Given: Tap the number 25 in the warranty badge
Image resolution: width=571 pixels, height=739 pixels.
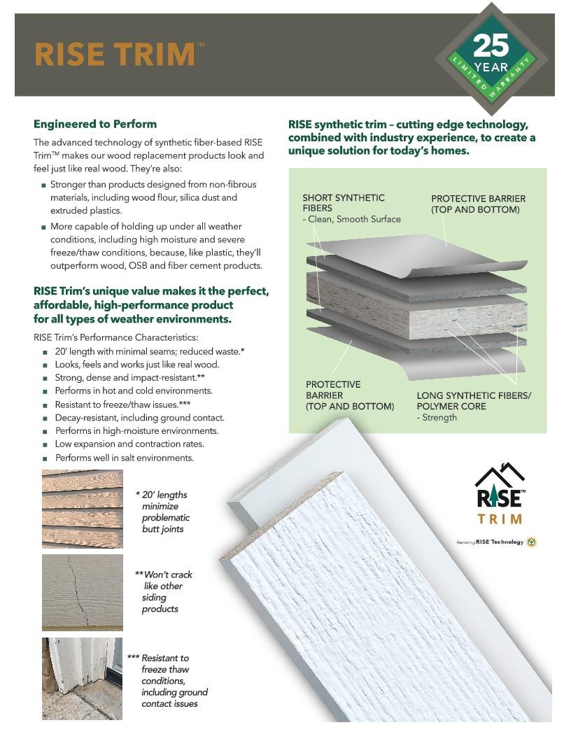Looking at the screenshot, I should [491, 46].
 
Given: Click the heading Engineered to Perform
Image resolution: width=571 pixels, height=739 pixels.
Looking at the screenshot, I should [95, 124].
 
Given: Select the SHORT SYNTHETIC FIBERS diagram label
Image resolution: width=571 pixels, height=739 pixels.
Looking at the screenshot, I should [344, 203].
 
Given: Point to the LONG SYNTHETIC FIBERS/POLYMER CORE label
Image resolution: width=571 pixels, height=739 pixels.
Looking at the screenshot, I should [474, 400].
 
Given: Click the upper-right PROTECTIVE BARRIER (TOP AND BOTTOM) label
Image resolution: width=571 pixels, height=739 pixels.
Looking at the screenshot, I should [478, 204].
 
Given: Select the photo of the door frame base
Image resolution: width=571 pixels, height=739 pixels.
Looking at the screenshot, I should [82, 678].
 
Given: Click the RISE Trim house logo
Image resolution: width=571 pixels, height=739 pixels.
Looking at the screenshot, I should [500, 493].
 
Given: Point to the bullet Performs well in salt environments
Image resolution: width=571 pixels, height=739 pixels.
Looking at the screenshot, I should [124, 458].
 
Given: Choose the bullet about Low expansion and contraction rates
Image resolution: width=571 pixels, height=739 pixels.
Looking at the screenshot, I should [129, 444].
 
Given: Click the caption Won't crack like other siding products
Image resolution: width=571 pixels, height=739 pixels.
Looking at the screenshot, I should [164, 591].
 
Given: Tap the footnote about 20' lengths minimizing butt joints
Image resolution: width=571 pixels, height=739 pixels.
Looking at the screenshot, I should [164, 512].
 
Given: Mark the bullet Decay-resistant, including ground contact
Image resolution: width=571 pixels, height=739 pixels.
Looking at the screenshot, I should [139, 418].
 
